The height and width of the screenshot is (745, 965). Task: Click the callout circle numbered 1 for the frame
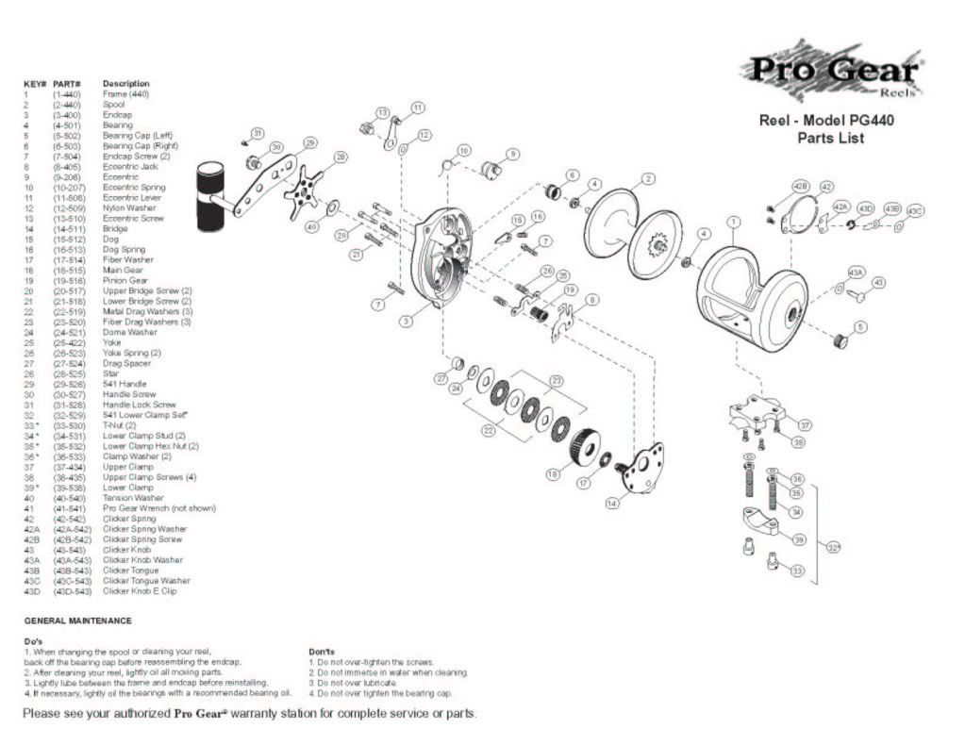732,223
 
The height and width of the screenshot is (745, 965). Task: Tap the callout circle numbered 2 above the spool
648,179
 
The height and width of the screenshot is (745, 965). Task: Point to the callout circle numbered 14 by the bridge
613,504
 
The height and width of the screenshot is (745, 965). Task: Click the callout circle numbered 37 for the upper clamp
805,425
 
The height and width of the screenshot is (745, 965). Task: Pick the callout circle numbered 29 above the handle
309,143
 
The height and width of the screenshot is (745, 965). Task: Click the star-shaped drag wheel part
305,190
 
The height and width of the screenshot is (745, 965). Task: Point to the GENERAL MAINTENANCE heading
77,621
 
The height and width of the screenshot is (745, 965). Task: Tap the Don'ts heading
323,652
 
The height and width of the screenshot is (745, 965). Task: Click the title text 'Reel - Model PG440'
826,121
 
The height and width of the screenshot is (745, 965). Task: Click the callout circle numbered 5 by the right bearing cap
860,326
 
